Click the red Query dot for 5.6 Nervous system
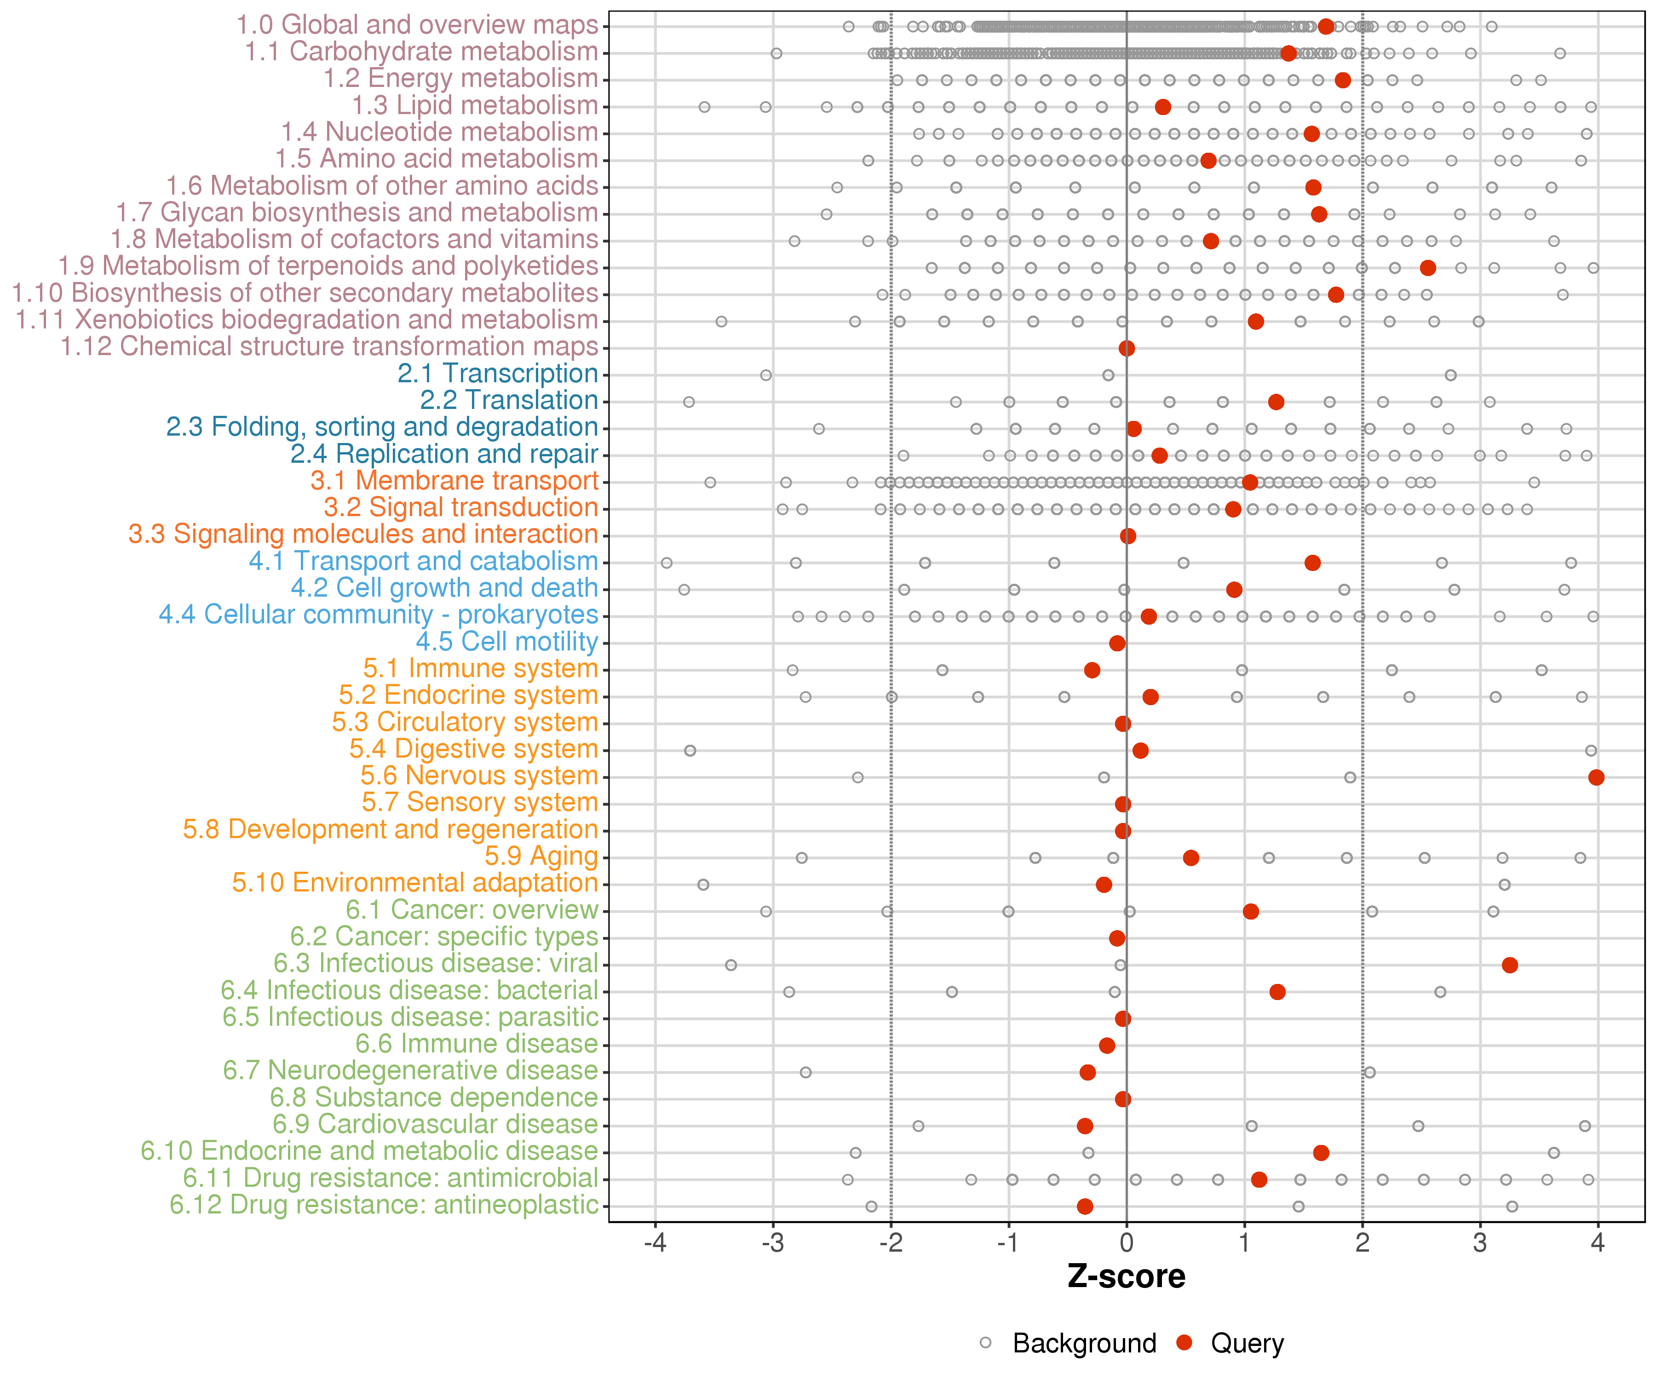pos(1596,777)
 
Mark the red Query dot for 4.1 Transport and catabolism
pos(1312,563)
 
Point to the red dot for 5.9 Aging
pos(1191,858)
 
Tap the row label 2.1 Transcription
pos(498,374)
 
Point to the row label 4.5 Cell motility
pos(507,642)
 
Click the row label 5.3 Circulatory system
pos(465,722)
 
